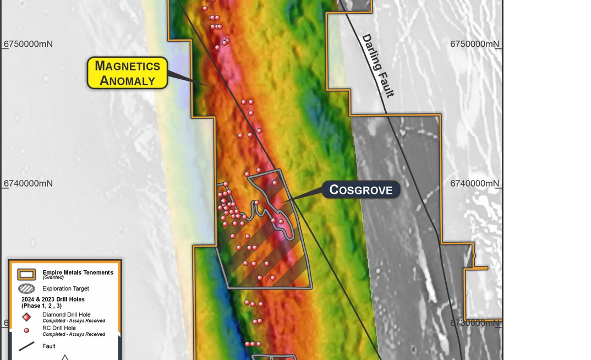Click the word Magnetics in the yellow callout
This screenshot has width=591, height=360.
[x=127, y=66]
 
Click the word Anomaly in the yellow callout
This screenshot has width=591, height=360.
[x=127, y=80]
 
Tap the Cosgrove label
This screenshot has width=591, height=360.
[x=360, y=190]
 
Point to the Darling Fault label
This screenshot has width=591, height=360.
[x=377, y=66]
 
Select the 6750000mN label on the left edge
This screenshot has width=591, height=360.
[x=28, y=44]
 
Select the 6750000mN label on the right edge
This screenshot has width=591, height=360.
[x=474, y=44]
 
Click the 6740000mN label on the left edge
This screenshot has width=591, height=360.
[x=28, y=183]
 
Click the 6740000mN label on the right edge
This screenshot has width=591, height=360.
[x=474, y=183]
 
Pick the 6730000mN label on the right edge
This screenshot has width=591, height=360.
[x=474, y=323]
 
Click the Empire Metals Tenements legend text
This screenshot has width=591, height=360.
[x=78, y=272]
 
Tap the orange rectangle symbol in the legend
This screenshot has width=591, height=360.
[x=26, y=274]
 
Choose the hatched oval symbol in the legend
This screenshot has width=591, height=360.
[x=26, y=288]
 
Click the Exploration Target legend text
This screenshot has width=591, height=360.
[x=65, y=288]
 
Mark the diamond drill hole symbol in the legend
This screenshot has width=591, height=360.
[x=26, y=317]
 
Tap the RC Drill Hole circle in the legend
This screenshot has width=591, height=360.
[x=26, y=330]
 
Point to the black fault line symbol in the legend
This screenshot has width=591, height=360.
[x=26, y=346]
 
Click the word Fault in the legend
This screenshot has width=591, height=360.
[x=49, y=346]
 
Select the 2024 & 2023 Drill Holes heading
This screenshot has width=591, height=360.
[x=53, y=299]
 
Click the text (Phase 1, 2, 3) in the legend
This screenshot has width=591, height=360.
[x=41, y=306]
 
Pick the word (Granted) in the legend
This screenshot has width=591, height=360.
[x=53, y=277]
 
